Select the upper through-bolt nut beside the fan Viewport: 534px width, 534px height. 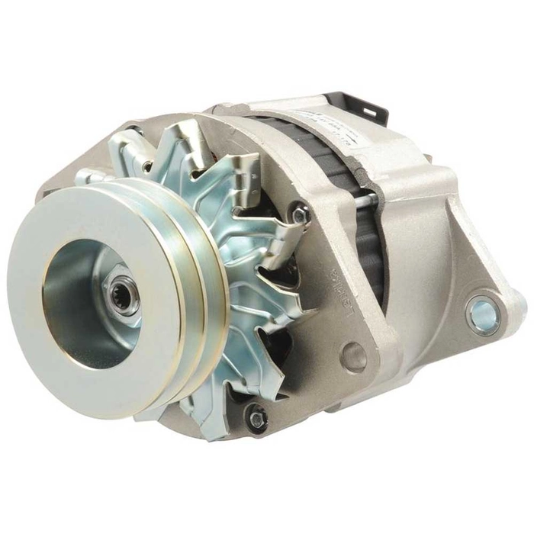coord(301,215)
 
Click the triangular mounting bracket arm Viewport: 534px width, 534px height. coord(473,252)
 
